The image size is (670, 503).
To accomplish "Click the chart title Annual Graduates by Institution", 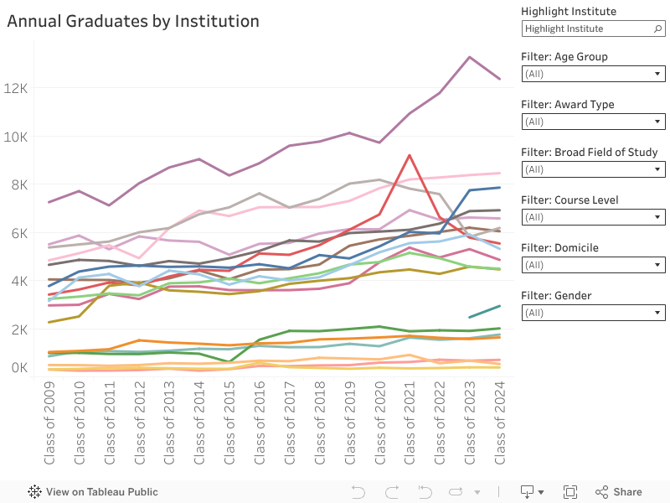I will pos(133,21).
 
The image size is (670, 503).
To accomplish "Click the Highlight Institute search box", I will pos(593,29).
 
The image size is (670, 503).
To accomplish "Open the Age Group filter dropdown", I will pos(593,74).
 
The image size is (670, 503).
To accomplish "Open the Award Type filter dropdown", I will pos(593,122).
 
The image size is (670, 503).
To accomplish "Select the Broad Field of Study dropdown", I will pos(593,169).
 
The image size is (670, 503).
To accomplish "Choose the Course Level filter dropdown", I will pos(593,217).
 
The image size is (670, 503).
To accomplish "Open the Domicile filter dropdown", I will pos(593,265).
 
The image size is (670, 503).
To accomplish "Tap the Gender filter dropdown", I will pos(593,313).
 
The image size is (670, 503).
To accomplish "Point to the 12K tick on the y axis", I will pos(17,88).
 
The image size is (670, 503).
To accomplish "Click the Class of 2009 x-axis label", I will pos(50,423).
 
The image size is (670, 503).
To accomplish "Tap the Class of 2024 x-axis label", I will pos(500,423).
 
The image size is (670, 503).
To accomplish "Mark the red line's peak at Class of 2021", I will pos(409,155).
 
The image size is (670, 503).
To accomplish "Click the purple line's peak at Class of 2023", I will pos(469,57).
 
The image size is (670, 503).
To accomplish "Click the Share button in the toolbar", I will pos(619,492).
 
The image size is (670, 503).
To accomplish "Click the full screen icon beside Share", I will pos(570,492).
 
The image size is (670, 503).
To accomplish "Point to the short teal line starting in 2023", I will pos(484,312).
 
